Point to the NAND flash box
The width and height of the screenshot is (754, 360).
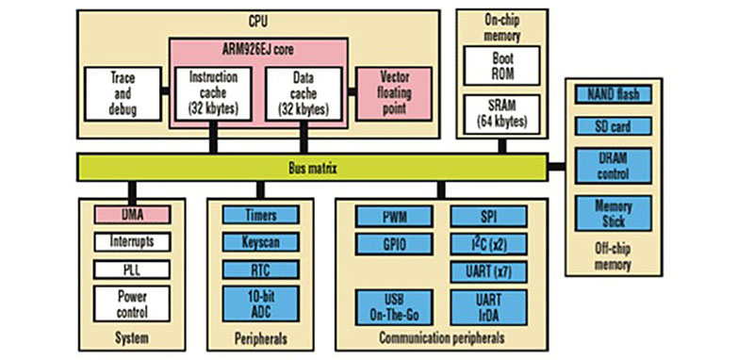coord(614,93)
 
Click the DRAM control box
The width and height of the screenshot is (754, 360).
coord(614,168)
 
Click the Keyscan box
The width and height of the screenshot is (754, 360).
coord(260,241)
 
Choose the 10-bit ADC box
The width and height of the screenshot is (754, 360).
coord(260,301)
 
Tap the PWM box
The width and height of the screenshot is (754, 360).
coord(394,216)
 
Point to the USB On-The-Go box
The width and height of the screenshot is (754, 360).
coord(394,303)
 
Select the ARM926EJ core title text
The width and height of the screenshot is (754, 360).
coord(260,50)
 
